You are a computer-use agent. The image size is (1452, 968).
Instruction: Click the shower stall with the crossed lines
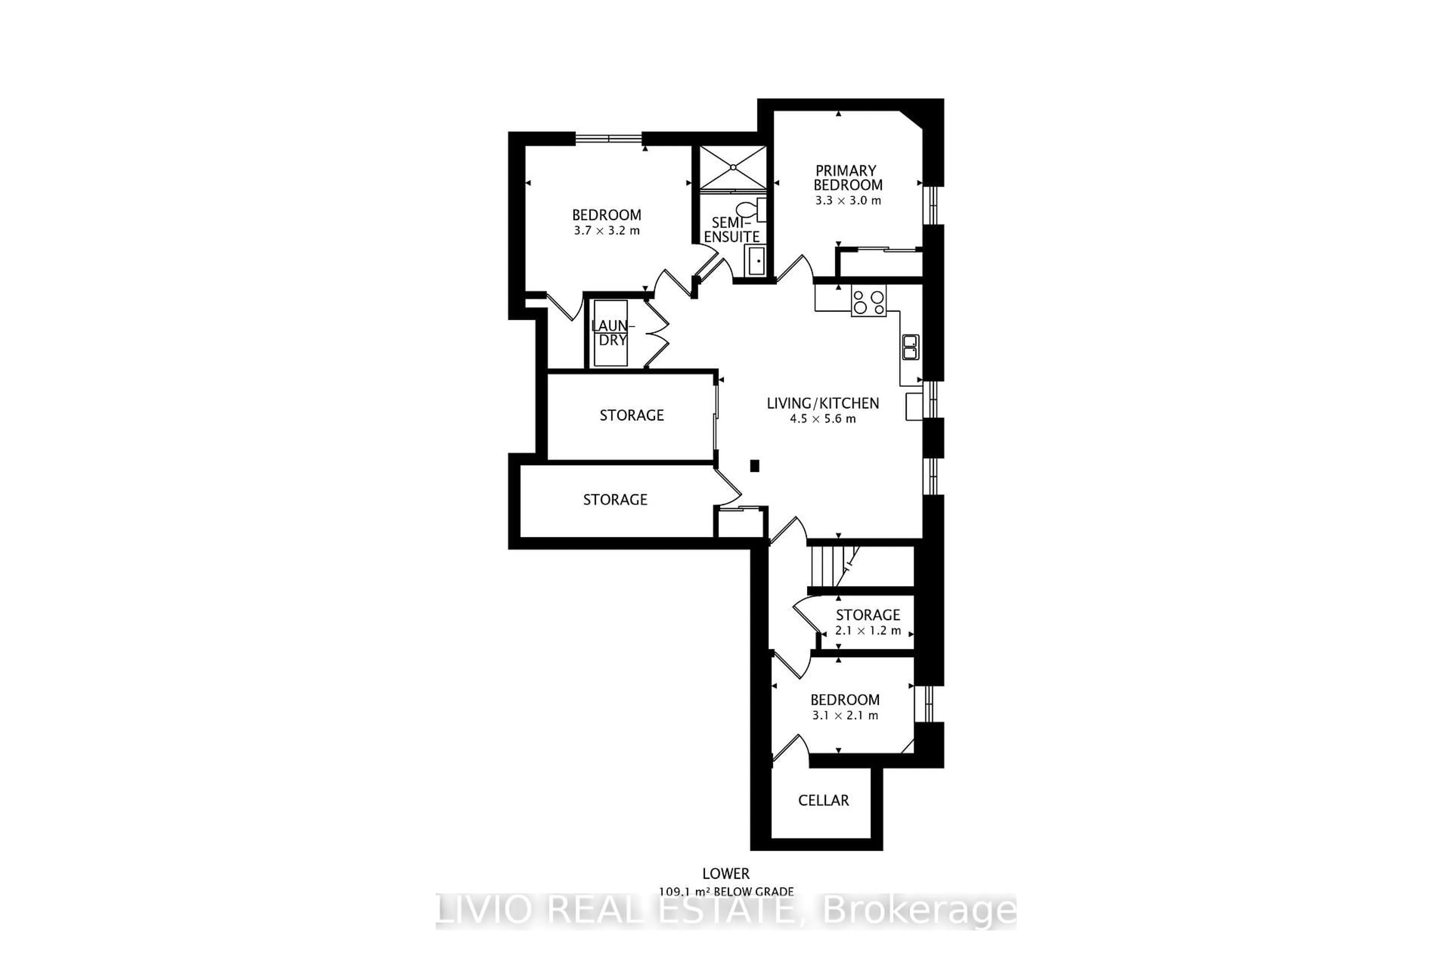point(733,167)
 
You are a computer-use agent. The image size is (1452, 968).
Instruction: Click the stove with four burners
point(868,301)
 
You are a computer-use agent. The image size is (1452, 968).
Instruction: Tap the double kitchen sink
point(910,347)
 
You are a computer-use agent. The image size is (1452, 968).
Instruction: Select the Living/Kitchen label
point(822,403)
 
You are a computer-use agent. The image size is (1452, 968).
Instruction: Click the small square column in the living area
point(754,466)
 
